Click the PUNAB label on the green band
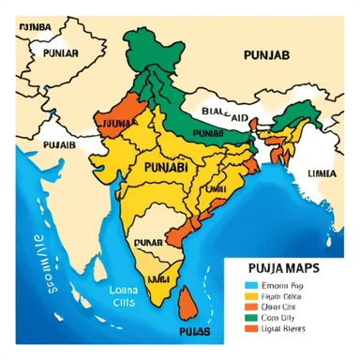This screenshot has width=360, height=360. pos(211,134)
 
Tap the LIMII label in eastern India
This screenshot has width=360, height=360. pos(216,188)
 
